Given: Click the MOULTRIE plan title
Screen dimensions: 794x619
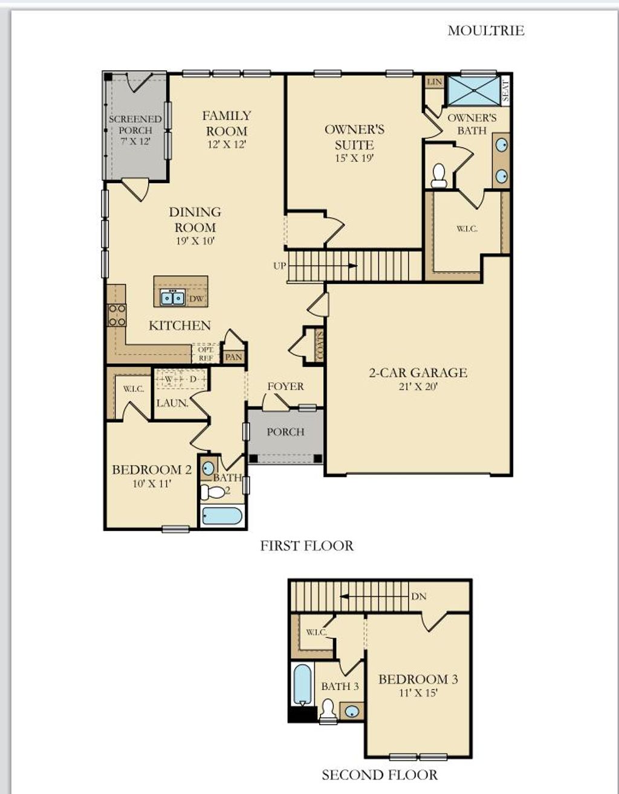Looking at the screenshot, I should pyautogui.click(x=485, y=31).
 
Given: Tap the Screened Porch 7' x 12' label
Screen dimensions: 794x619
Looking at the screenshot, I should pyautogui.click(x=135, y=130).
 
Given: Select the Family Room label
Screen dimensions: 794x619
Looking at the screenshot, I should pyautogui.click(x=226, y=123).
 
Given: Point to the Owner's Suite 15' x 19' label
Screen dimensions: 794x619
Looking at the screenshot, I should pyautogui.click(x=354, y=144).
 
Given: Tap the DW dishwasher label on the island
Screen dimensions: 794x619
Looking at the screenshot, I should pyautogui.click(x=196, y=299).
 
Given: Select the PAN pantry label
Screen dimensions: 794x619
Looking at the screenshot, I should pyautogui.click(x=233, y=357).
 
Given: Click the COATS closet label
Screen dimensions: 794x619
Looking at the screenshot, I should pyautogui.click(x=320, y=345).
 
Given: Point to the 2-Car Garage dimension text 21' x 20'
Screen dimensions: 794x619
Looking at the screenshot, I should pyautogui.click(x=418, y=387).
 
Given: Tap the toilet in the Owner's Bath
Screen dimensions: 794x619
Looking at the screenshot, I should pyautogui.click(x=439, y=175).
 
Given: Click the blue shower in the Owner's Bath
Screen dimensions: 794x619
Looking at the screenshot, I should pyautogui.click(x=473, y=90).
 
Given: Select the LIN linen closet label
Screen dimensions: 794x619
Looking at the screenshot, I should pyautogui.click(x=434, y=82).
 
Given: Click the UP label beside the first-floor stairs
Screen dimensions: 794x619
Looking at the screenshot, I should pyautogui.click(x=279, y=265).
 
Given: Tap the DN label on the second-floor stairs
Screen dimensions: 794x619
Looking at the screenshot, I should pyautogui.click(x=419, y=596).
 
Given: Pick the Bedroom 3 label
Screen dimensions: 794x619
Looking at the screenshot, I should pyautogui.click(x=418, y=679).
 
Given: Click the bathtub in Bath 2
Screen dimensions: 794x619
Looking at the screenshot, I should pyautogui.click(x=222, y=516).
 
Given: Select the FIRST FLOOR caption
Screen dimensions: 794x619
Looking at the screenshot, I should pyautogui.click(x=306, y=546).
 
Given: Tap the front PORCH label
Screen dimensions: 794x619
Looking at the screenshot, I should pyautogui.click(x=285, y=432).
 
